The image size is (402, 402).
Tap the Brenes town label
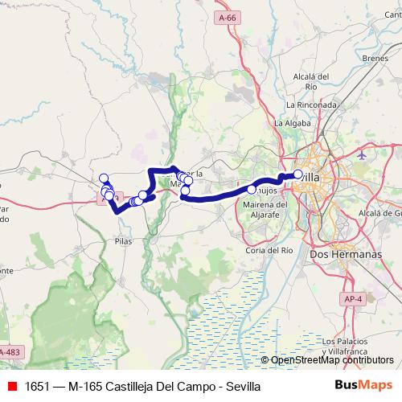375,59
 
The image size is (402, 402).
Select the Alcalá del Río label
312,81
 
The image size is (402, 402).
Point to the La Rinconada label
311,105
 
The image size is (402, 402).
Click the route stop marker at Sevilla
298,174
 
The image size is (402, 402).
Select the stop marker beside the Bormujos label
252,190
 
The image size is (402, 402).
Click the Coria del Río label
269,250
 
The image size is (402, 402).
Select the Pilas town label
123,240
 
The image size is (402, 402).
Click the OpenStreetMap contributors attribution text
330,359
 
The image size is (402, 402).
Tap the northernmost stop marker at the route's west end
103,178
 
